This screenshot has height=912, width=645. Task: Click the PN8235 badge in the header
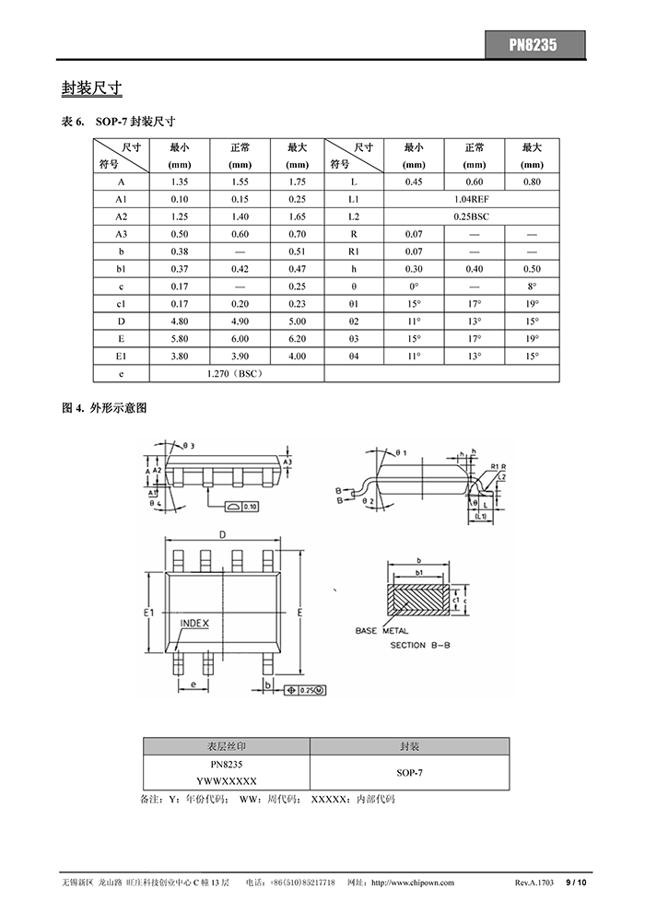click(x=534, y=43)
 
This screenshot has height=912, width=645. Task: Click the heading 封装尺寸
click(x=92, y=88)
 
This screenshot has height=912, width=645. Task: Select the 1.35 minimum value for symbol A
click(x=179, y=182)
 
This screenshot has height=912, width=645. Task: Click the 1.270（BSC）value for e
click(x=237, y=374)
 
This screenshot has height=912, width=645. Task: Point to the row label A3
click(x=121, y=234)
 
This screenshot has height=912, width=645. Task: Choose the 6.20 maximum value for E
click(x=297, y=339)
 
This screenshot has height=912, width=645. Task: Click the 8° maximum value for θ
click(x=532, y=286)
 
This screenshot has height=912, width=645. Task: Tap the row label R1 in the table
click(x=354, y=251)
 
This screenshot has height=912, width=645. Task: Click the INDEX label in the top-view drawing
click(x=194, y=624)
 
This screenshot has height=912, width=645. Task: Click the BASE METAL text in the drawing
click(x=382, y=631)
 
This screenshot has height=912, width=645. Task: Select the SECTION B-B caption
click(x=420, y=646)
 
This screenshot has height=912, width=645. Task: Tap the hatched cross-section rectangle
click(x=419, y=600)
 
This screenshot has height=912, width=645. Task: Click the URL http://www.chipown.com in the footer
click(x=412, y=883)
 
